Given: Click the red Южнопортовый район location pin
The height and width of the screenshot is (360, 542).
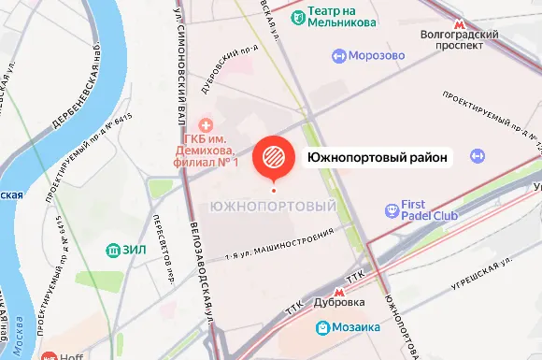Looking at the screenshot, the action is tap(274, 155).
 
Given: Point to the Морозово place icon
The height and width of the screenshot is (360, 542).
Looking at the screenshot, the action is tap(338, 56).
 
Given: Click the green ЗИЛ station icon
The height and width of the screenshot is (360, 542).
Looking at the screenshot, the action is tap(111, 250).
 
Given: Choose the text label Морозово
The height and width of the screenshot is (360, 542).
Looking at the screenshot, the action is tap(378, 56).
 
